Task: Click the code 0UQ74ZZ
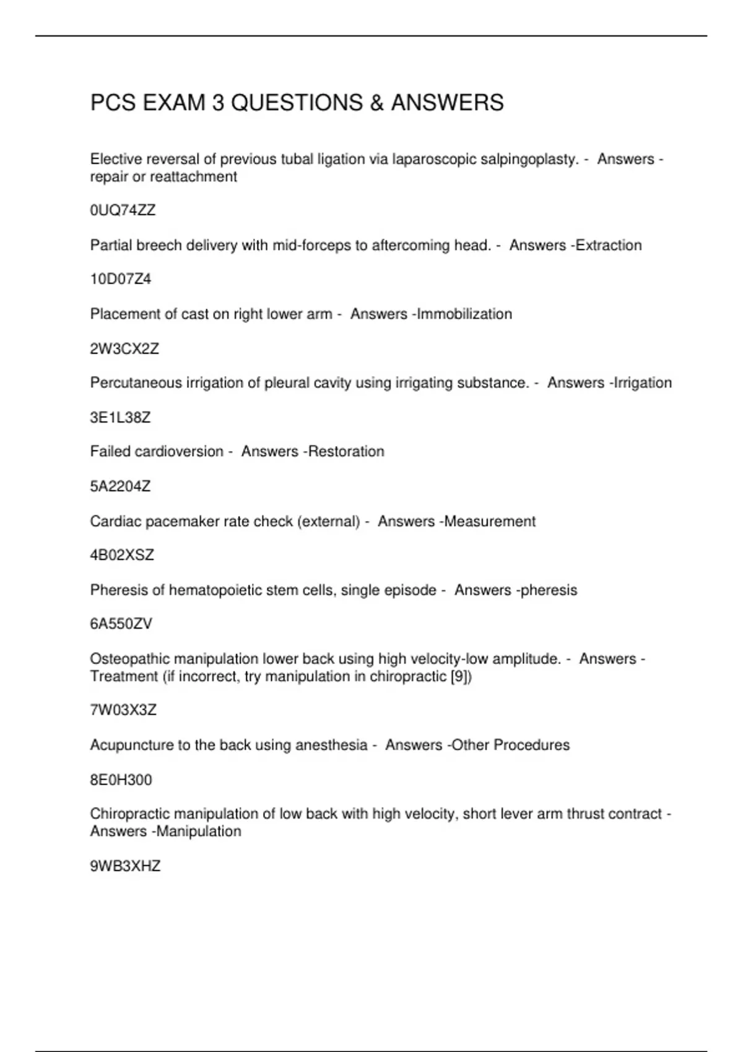point(123,210)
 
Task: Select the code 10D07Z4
point(121,279)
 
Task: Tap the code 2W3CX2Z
point(124,348)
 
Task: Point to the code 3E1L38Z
point(120,417)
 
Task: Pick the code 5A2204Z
point(120,486)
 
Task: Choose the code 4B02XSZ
point(122,555)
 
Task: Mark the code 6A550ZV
point(121,624)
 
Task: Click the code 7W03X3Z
point(123,710)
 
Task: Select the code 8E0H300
point(121,780)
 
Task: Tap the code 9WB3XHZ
point(125,866)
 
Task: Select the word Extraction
point(609,245)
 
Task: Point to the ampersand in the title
point(376,103)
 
